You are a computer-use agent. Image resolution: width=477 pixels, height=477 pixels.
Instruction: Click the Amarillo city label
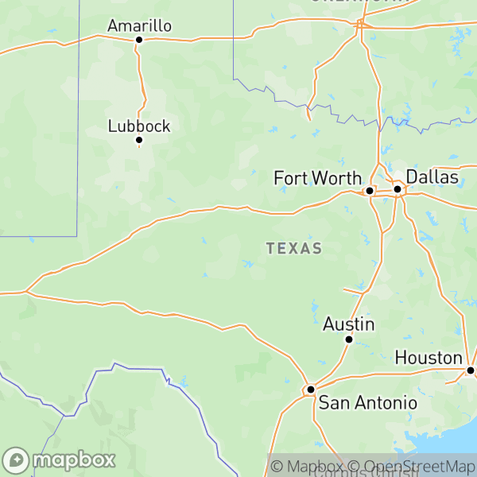139,25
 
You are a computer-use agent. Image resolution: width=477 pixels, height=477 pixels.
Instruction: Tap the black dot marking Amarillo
138,39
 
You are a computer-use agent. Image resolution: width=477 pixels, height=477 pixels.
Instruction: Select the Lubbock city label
139,126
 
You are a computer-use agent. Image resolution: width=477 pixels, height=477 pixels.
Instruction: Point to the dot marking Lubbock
138,140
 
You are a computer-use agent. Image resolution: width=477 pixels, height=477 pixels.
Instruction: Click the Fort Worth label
317,178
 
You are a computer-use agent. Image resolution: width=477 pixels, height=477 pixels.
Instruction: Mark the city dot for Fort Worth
370,191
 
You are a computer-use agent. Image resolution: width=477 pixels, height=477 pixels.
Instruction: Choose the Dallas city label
432,176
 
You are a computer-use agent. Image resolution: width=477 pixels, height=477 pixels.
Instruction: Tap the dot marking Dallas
397,189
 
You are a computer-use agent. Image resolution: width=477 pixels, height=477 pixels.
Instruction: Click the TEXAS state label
294,249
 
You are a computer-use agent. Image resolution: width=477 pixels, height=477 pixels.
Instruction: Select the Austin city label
349,324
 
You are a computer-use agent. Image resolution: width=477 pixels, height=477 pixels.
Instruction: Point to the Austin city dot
348,339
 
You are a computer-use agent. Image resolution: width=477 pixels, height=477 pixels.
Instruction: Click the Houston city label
429,358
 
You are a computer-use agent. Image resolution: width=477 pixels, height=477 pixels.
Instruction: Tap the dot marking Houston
471,370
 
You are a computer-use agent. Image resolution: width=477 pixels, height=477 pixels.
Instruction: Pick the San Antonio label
367,403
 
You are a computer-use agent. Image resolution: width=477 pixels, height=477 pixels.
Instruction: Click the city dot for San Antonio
311,389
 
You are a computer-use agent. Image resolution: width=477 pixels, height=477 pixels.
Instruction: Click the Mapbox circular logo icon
17,460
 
